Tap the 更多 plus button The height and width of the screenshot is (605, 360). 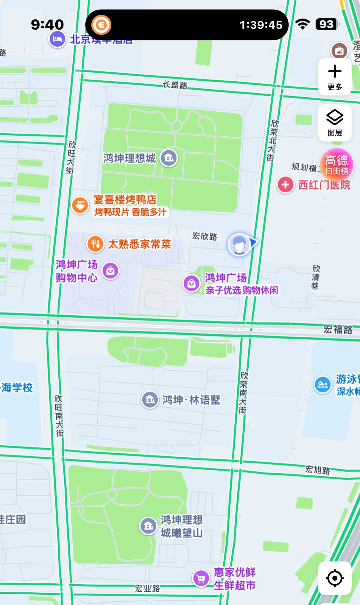[335, 77]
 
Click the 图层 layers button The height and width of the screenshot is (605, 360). [335, 123]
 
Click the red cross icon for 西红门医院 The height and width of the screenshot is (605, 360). [285, 185]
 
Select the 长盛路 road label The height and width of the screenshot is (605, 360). [175, 85]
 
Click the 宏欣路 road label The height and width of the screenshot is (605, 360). [205, 237]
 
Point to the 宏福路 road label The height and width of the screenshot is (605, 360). [338, 329]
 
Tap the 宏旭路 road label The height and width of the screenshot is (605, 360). [318, 470]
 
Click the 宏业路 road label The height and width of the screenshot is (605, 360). [147, 588]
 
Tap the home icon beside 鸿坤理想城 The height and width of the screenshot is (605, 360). [169, 158]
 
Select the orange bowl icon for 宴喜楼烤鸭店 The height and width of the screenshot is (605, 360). [80, 205]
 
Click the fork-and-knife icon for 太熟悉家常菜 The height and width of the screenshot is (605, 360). [95, 244]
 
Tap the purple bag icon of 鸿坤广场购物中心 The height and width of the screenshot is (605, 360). [110, 271]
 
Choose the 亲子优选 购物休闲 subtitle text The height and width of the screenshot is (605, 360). [241, 290]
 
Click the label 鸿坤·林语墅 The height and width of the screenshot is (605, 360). [191, 400]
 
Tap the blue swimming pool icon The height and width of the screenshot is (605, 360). [322, 385]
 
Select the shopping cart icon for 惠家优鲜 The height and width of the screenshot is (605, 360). [201, 579]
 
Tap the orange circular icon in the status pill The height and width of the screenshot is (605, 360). [101, 25]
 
